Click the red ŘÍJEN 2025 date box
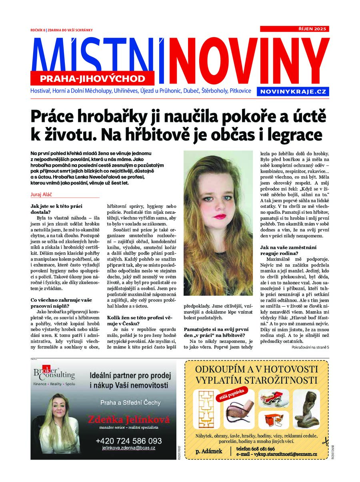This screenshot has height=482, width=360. (x=294, y=29)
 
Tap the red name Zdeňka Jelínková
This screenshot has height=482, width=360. (x=129, y=419)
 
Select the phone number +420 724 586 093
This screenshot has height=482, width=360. (x=129, y=441)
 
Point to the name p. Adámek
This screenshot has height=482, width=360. (x=209, y=451)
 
